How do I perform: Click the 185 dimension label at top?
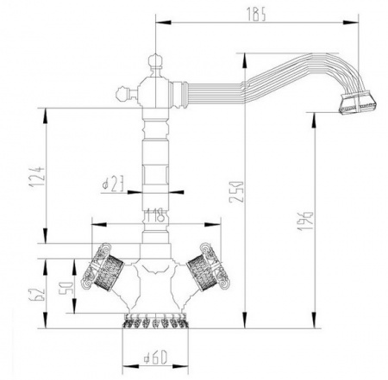(256, 14)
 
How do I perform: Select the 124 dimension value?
(37, 176)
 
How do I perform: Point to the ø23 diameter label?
(113, 184)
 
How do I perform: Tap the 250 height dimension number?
(236, 192)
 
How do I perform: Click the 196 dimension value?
(305, 221)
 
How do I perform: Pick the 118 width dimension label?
(154, 215)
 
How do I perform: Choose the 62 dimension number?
(37, 294)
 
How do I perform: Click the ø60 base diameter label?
(155, 357)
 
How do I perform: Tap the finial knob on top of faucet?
(155, 61)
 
